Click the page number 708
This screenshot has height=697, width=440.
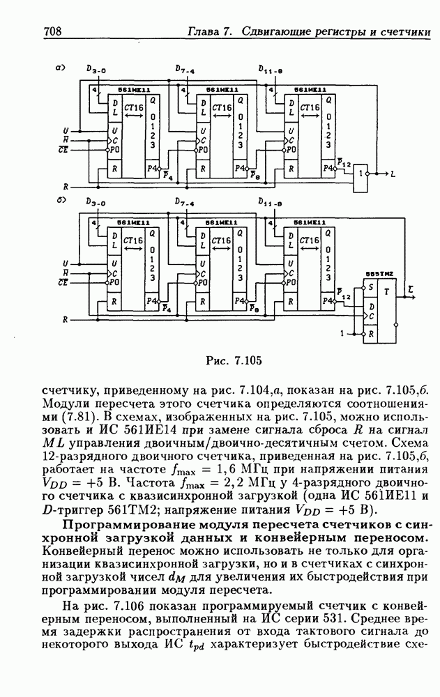(x=54, y=32)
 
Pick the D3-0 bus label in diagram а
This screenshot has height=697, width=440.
(x=97, y=70)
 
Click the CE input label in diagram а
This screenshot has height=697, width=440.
(x=63, y=149)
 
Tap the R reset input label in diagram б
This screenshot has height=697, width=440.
(x=65, y=319)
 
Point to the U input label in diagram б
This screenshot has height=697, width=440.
(x=65, y=263)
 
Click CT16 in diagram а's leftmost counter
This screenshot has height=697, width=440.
(x=134, y=107)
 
